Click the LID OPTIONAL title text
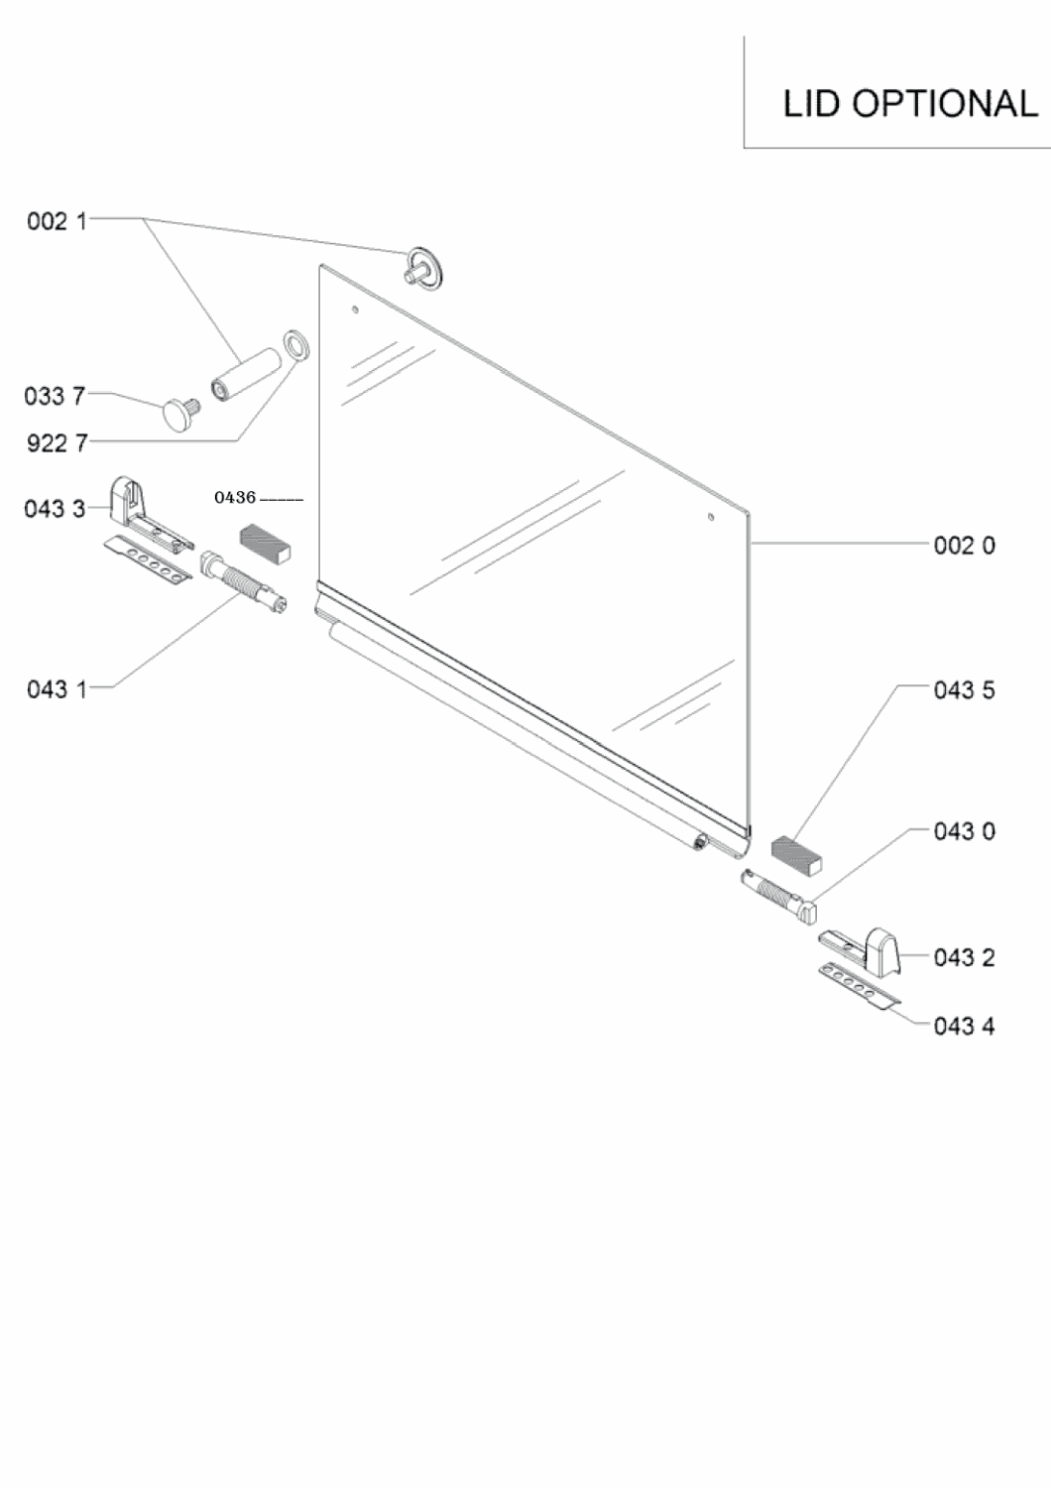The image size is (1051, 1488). tap(910, 103)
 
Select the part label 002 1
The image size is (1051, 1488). tap(58, 221)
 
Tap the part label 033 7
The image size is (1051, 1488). tap(56, 396)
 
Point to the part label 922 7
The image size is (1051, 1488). tap(58, 442)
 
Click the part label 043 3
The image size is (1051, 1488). tap(56, 509)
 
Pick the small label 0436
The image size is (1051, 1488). tap(235, 497)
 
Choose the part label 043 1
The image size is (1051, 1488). tap(58, 689)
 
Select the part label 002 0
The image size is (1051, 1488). tap(965, 546)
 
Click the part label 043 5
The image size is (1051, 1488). tap(965, 690)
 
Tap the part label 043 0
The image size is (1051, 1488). tap(965, 831)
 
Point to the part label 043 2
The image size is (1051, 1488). tap(965, 957)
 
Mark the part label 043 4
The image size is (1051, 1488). tap(965, 1027)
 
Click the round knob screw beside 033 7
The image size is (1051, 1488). tap(179, 414)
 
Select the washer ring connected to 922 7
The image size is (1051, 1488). tap(296, 345)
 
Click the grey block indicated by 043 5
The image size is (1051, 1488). tap(796, 855)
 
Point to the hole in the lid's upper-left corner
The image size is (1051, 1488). tap(355, 310)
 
